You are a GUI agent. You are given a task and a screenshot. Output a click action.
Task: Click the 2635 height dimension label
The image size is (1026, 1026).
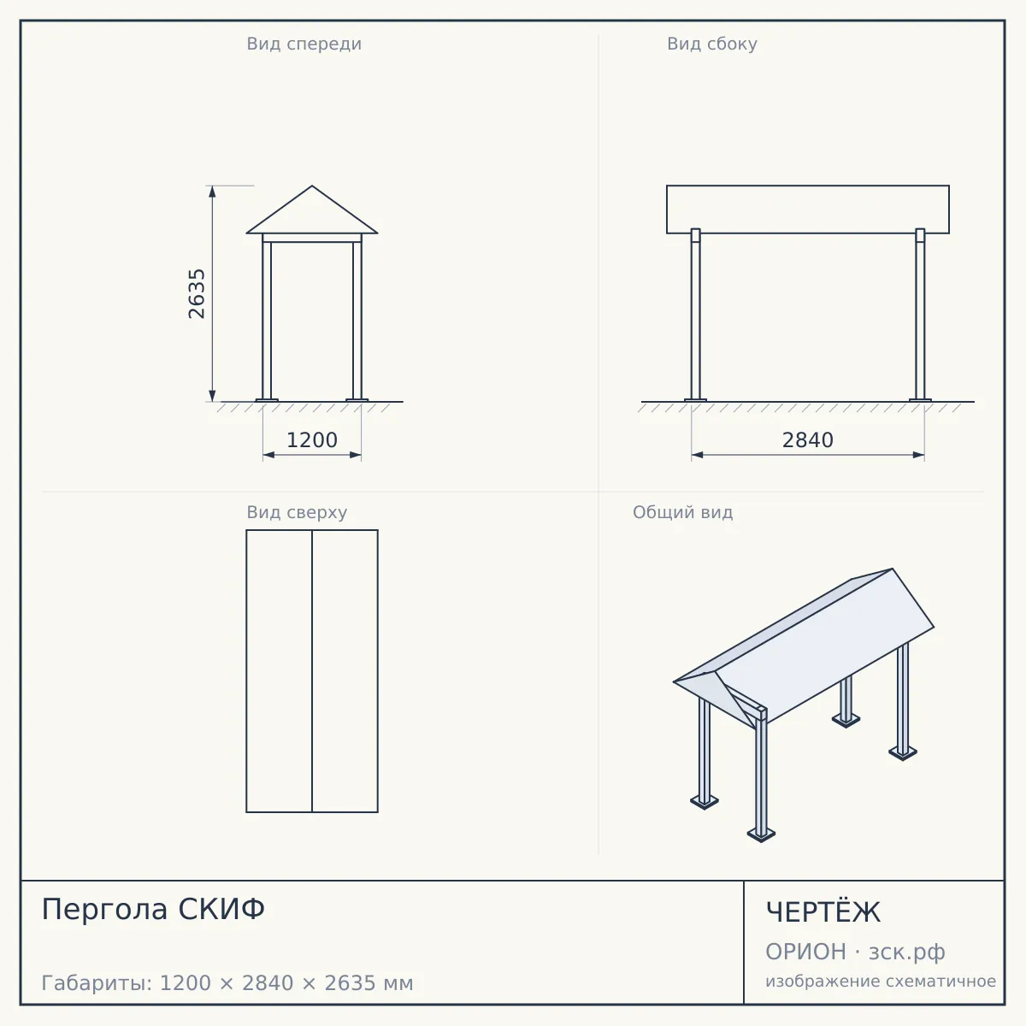click(197, 294)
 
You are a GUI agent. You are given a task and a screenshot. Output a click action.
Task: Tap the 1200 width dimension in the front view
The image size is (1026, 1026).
click(312, 440)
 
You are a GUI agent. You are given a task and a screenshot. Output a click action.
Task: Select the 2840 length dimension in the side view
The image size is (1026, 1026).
click(808, 440)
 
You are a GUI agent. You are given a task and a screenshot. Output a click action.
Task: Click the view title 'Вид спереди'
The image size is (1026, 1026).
click(304, 44)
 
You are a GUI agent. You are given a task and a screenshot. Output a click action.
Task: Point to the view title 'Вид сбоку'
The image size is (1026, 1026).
click(712, 44)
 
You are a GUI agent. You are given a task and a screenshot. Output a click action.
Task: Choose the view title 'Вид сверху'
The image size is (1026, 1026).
click(297, 512)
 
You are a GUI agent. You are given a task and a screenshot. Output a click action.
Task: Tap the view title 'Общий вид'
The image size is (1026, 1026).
click(682, 512)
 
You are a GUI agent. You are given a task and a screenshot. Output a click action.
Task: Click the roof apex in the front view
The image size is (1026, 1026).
click(312, 186)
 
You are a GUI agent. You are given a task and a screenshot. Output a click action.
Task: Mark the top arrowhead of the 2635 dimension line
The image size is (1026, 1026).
click(212, 192)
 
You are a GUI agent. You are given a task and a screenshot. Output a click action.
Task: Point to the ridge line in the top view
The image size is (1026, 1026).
click(312, 671)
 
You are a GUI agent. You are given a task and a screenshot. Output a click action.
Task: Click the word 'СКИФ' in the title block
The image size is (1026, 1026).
click(221, 909)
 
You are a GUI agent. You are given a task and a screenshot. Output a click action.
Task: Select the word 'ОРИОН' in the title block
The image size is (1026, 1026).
click(805, 952)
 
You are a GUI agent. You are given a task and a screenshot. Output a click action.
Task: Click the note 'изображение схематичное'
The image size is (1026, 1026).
click(881, 981)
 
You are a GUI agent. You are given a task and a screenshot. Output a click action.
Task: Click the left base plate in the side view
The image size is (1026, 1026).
click(695, 400)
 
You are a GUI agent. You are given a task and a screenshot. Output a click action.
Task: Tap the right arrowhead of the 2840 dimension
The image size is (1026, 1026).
click(918, 455)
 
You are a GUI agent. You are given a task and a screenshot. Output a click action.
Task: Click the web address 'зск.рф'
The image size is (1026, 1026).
click(907, 952)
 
